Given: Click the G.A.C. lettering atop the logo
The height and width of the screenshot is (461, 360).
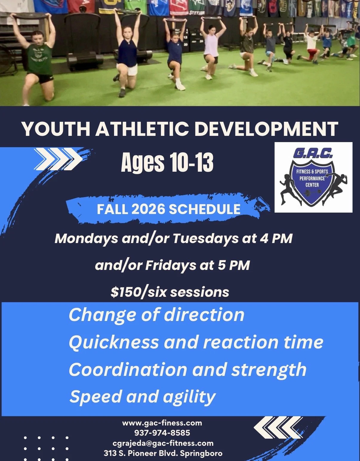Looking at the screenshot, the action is pos(313,153).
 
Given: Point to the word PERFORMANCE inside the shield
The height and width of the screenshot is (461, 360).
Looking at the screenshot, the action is pos(312,178).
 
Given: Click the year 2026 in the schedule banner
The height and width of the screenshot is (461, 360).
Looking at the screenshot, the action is pos(148,209).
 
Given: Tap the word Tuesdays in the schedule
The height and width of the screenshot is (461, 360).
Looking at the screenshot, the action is pos(206,239).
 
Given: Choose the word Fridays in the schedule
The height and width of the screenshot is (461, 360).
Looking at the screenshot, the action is pos(171,265).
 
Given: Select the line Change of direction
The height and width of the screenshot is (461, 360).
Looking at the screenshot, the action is pos(156,315).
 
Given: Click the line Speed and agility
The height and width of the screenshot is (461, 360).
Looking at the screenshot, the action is pos(142,397).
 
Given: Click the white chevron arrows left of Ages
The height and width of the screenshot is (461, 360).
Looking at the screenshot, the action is pos(58,159).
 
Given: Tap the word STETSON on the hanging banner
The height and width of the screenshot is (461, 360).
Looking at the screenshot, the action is pos(197,13).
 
